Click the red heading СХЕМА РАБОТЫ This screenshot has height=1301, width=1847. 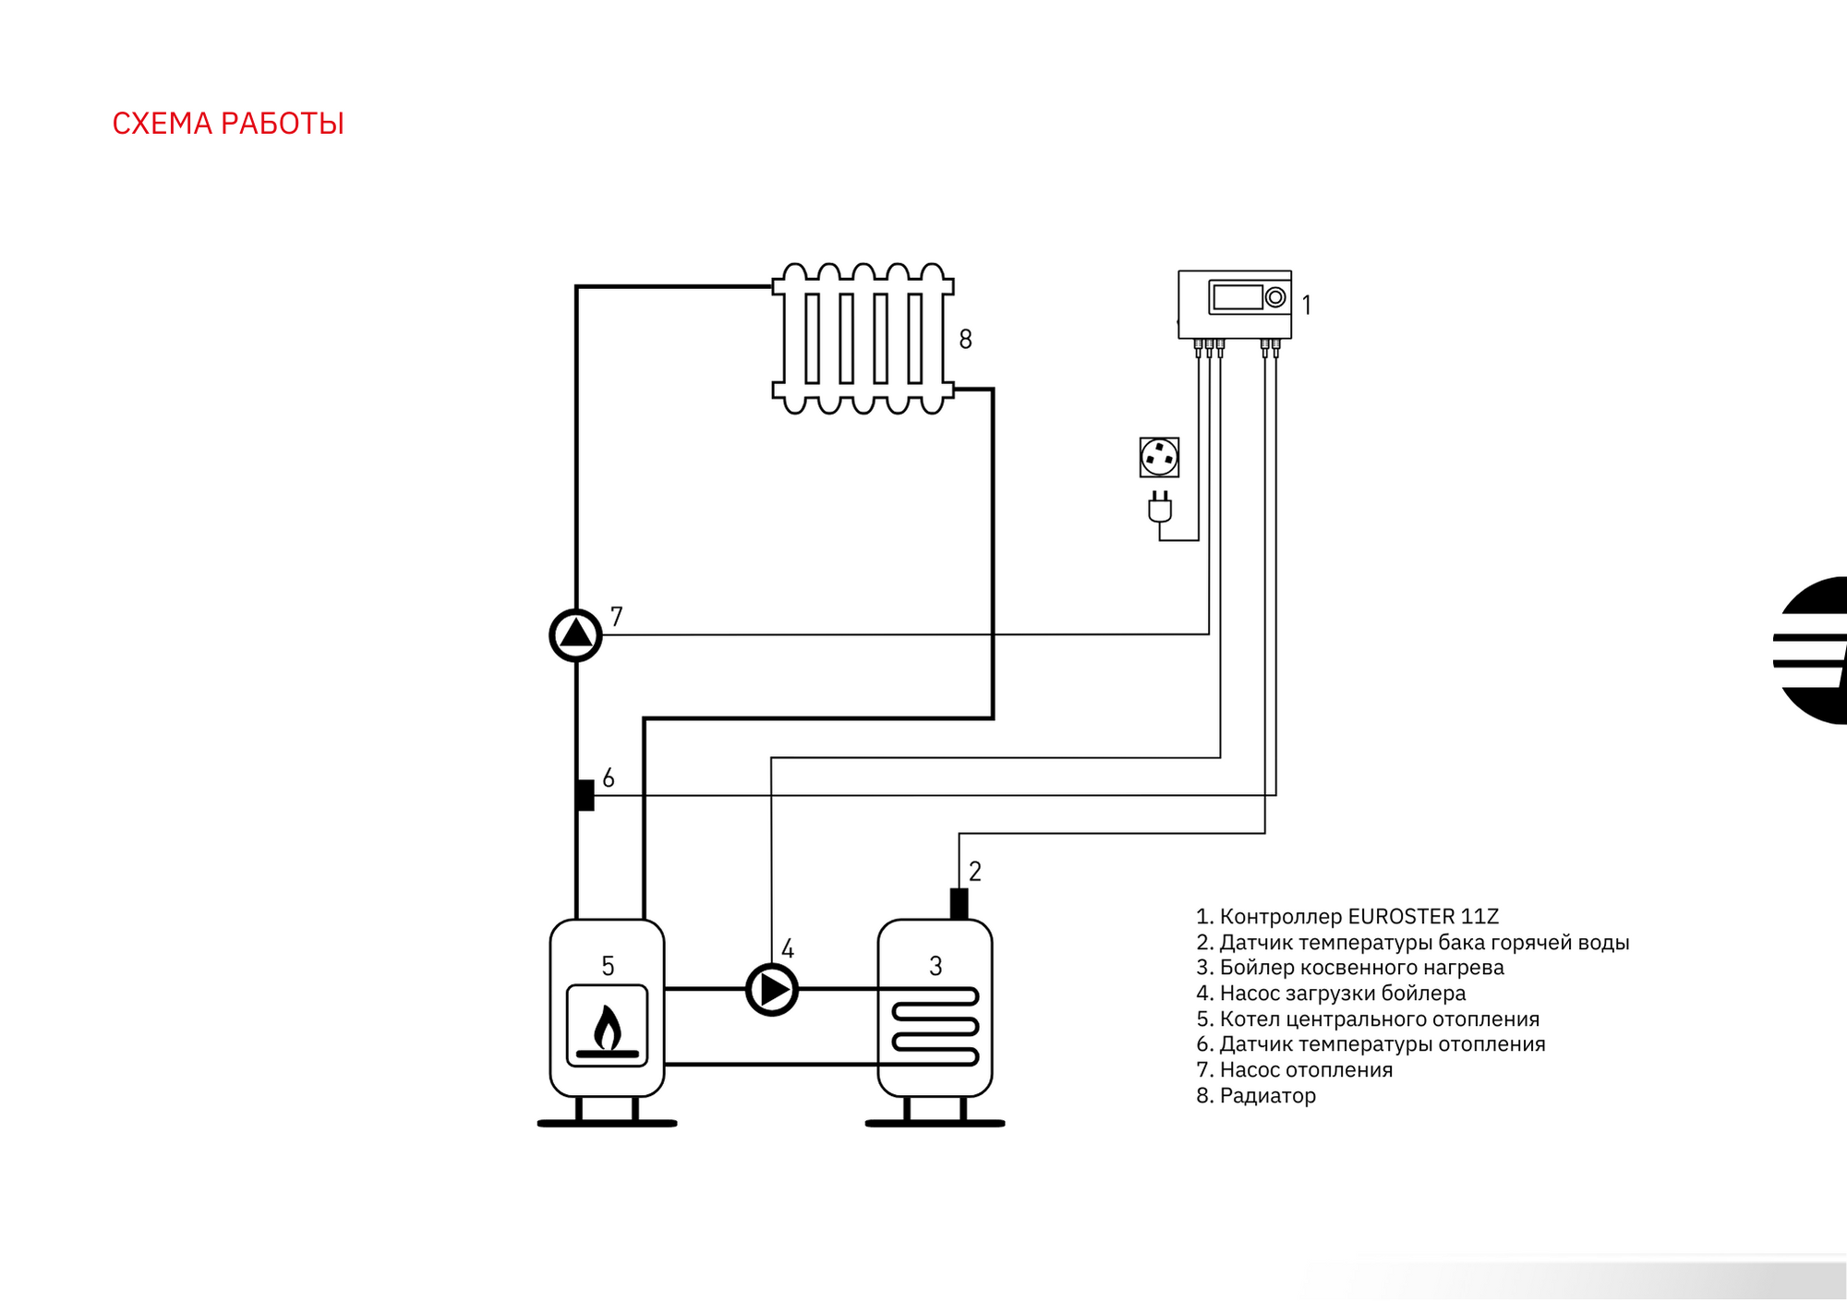[228, 124]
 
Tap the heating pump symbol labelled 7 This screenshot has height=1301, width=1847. [575, 635]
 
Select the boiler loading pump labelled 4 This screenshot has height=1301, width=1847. [772, 990]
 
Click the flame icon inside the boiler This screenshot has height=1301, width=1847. [607, 1030]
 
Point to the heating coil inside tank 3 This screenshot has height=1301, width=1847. [935, 1026]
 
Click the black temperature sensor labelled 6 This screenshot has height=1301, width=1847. [585, 795]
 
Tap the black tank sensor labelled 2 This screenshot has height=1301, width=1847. [959, 904]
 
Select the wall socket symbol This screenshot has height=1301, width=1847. [1159, 457]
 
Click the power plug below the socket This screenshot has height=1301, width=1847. [1160, 508]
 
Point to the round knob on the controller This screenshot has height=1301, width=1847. [1275, 297]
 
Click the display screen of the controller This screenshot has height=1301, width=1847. [1237, 297]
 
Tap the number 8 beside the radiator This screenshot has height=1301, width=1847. [966, 340]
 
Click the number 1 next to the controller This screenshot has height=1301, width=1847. [1307, 305]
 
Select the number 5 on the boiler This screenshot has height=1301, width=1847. [608, 966]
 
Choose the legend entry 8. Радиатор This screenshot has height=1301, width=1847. [1256, 1096]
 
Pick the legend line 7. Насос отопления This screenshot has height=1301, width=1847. [1295, 1070]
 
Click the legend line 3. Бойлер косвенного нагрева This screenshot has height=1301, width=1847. [1350, 968]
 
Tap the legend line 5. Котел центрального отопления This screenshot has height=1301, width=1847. [1368, 1019]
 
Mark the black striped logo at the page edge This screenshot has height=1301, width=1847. [1812, 650]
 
